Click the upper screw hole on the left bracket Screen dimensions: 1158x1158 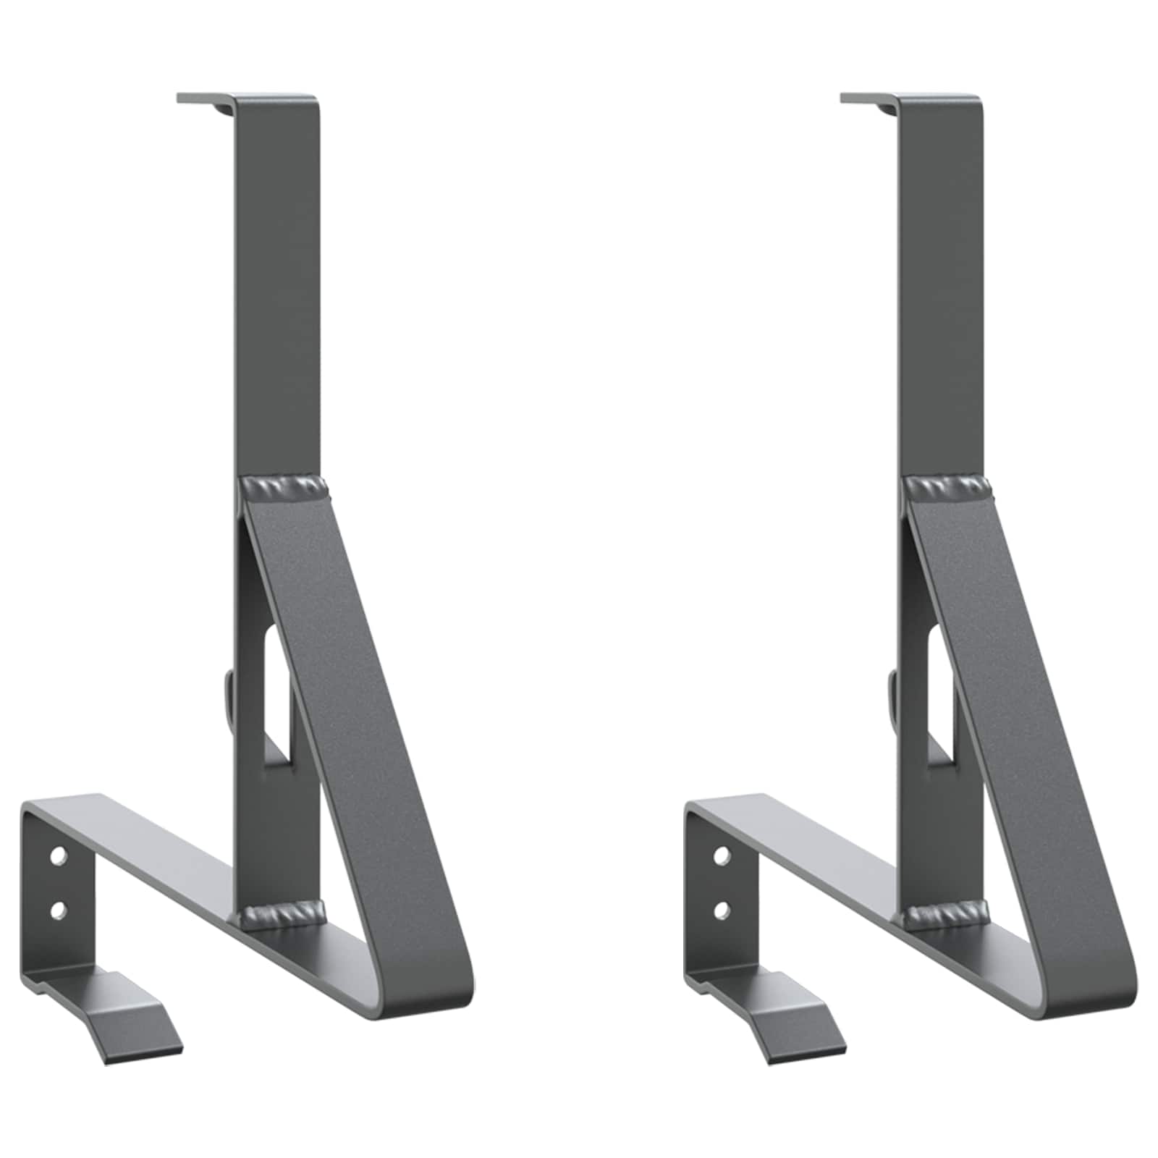(x=58, y=857)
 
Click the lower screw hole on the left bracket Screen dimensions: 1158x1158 (x=58, y=908)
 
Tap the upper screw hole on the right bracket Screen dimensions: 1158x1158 (x=721, y=857)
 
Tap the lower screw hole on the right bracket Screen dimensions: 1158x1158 (x=721, y=908)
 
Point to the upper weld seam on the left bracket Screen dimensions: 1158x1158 (x=283, y=486)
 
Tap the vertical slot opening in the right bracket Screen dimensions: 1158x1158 (x=939, y=695)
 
